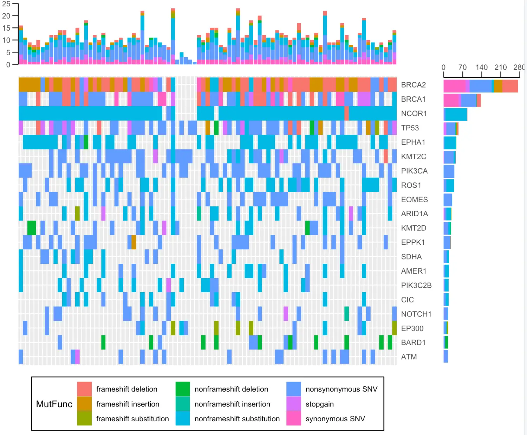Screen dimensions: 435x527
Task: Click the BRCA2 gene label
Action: pos(413,85)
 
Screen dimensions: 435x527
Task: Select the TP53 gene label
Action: pos(410,128)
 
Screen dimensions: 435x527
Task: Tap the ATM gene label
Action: pos(409,357)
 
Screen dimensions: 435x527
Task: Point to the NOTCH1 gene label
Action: pos(416,314)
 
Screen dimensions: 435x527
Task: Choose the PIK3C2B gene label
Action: pos(416,286)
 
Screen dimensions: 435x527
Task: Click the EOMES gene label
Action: pos(414,200)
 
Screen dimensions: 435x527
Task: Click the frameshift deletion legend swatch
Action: pos(84,389)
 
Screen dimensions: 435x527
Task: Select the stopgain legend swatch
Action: pos(294,404)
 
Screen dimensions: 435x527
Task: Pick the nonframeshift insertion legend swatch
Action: pos(183,404)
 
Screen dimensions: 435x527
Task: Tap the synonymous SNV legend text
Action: pos(335,419)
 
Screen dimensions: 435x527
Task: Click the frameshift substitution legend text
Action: pos(132,419)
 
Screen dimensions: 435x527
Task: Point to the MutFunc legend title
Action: pos(54,404)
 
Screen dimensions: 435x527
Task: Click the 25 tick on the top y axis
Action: pos(6,4)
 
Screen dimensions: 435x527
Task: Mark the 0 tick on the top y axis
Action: pos(8,65)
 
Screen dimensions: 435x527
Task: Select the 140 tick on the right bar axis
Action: pos(481,67)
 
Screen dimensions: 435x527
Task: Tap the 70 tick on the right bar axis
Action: pos(462,67)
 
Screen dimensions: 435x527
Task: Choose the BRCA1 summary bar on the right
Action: pos(462,100)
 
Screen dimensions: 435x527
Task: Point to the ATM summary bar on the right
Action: pos(445,356)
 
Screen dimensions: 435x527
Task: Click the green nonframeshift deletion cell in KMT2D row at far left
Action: pos(32,228)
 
